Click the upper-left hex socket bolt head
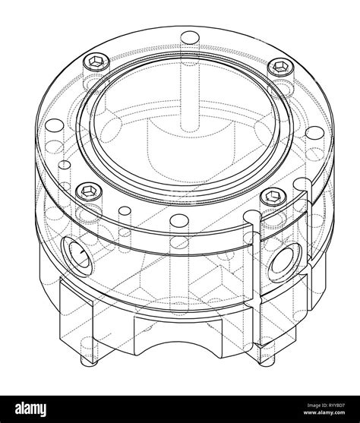coord(96,62)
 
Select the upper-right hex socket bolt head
coord(281,66)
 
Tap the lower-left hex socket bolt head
coord(89,192)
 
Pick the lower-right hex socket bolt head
coord(273,196)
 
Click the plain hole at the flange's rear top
coord(190,37)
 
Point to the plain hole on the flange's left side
coord(54,125)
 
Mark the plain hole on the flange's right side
coord(314,133)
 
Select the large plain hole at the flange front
coord(179,220)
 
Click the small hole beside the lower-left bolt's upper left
coord(65,165)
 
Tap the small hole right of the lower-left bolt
coord(125,210)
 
